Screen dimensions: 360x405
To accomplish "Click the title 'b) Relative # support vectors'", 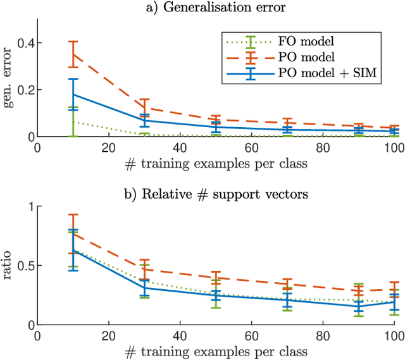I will (215, 195).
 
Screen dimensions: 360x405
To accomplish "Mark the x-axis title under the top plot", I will (215, 163).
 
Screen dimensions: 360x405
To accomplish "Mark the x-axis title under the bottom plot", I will (215, 351).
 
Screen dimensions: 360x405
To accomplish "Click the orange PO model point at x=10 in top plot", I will (73, 54).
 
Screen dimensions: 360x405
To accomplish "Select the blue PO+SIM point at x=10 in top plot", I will (73, 94).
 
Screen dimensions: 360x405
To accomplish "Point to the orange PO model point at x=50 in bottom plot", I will (216, 278).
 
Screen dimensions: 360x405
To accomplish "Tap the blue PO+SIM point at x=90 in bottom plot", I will (359, 306).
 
